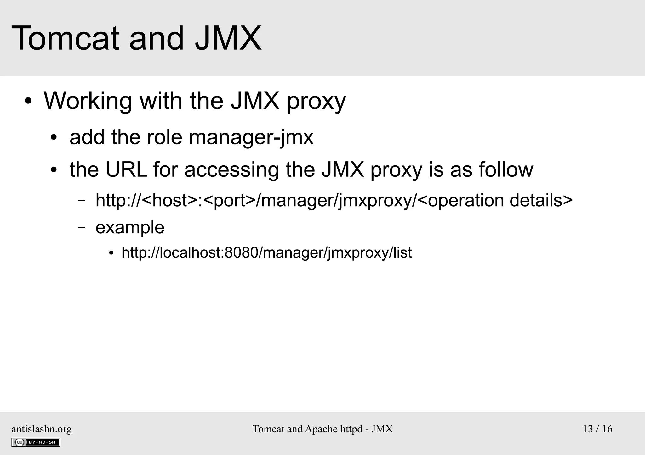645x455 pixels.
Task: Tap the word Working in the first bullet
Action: (x=88, y=101)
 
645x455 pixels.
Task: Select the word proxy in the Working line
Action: (x=316, y=102)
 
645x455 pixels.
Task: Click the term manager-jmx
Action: (x=251, y=138)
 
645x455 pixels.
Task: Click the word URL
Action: (x=126, y=169)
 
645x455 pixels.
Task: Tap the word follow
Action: (x=506, y=169)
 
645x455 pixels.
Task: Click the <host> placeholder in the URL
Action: (x=170, y=200)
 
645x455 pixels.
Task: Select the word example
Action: (x=130, y=228)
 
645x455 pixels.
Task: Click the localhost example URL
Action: (x=266, y=253)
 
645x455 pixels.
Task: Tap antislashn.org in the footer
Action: (x=42, y=429)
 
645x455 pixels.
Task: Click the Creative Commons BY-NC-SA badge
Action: (x=36, y=442)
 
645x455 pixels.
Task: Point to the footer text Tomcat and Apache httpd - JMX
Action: (x=322, y=429)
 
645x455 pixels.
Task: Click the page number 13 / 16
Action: (x=597, y=429)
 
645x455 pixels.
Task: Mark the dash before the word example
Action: (x=82, y=227)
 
